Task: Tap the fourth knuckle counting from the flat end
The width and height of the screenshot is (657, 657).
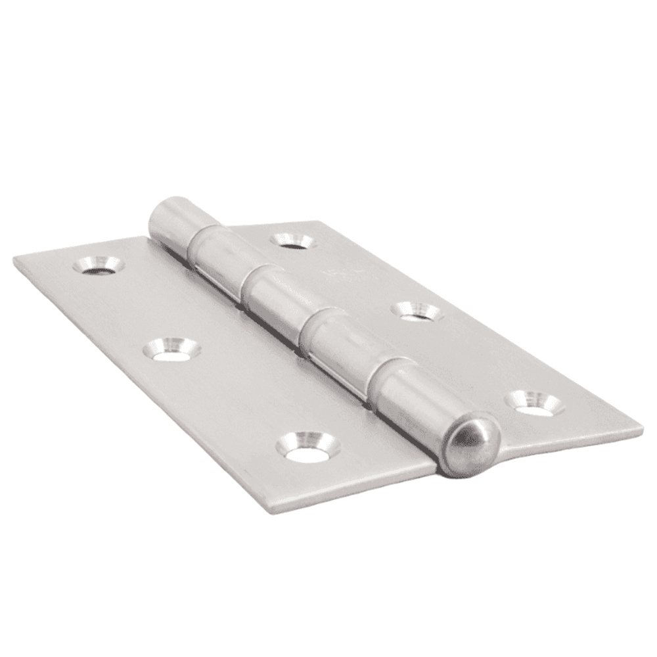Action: [x=338, y=345]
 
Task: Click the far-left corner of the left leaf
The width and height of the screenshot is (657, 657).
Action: [x=14, y=261]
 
